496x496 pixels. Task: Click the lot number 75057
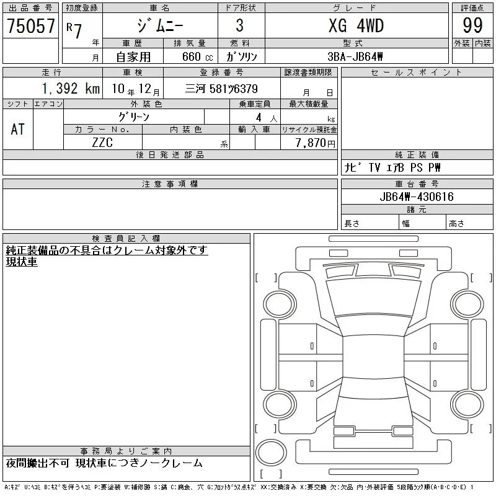30,25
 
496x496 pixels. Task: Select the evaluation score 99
472,25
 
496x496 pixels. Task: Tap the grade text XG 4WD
356,25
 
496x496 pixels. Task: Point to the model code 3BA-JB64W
355,56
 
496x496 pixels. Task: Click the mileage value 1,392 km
71,88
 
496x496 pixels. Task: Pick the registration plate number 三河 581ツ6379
221,89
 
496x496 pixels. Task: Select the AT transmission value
17,129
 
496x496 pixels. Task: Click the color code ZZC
102,143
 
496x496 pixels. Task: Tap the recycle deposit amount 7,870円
315,143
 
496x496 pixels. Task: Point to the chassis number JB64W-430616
417,197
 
